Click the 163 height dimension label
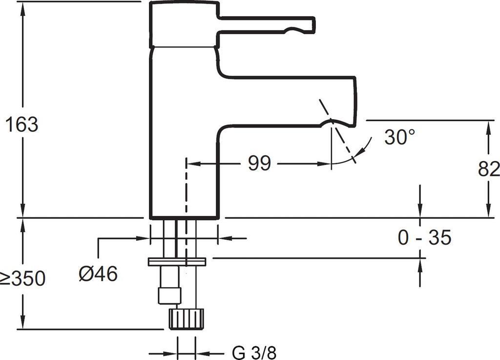[x=22, y=124]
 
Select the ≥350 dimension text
[x=22, y=278]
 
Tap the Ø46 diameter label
[x=98, y=274]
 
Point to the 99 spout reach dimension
[x=259, y=163]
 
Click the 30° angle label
[x=399, y=137]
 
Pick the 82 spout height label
[x=489, y=169]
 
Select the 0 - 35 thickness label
[x=425, y=237]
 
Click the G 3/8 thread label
[x=254, y=353]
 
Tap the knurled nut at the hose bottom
[x=186, y=318]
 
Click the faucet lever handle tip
[x=312, y=25]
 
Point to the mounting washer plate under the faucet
[x=177, y=262]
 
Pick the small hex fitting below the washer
[x=169, y=296]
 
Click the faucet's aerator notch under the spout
[x=332, y=121]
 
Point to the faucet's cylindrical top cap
[x=184, y=25]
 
